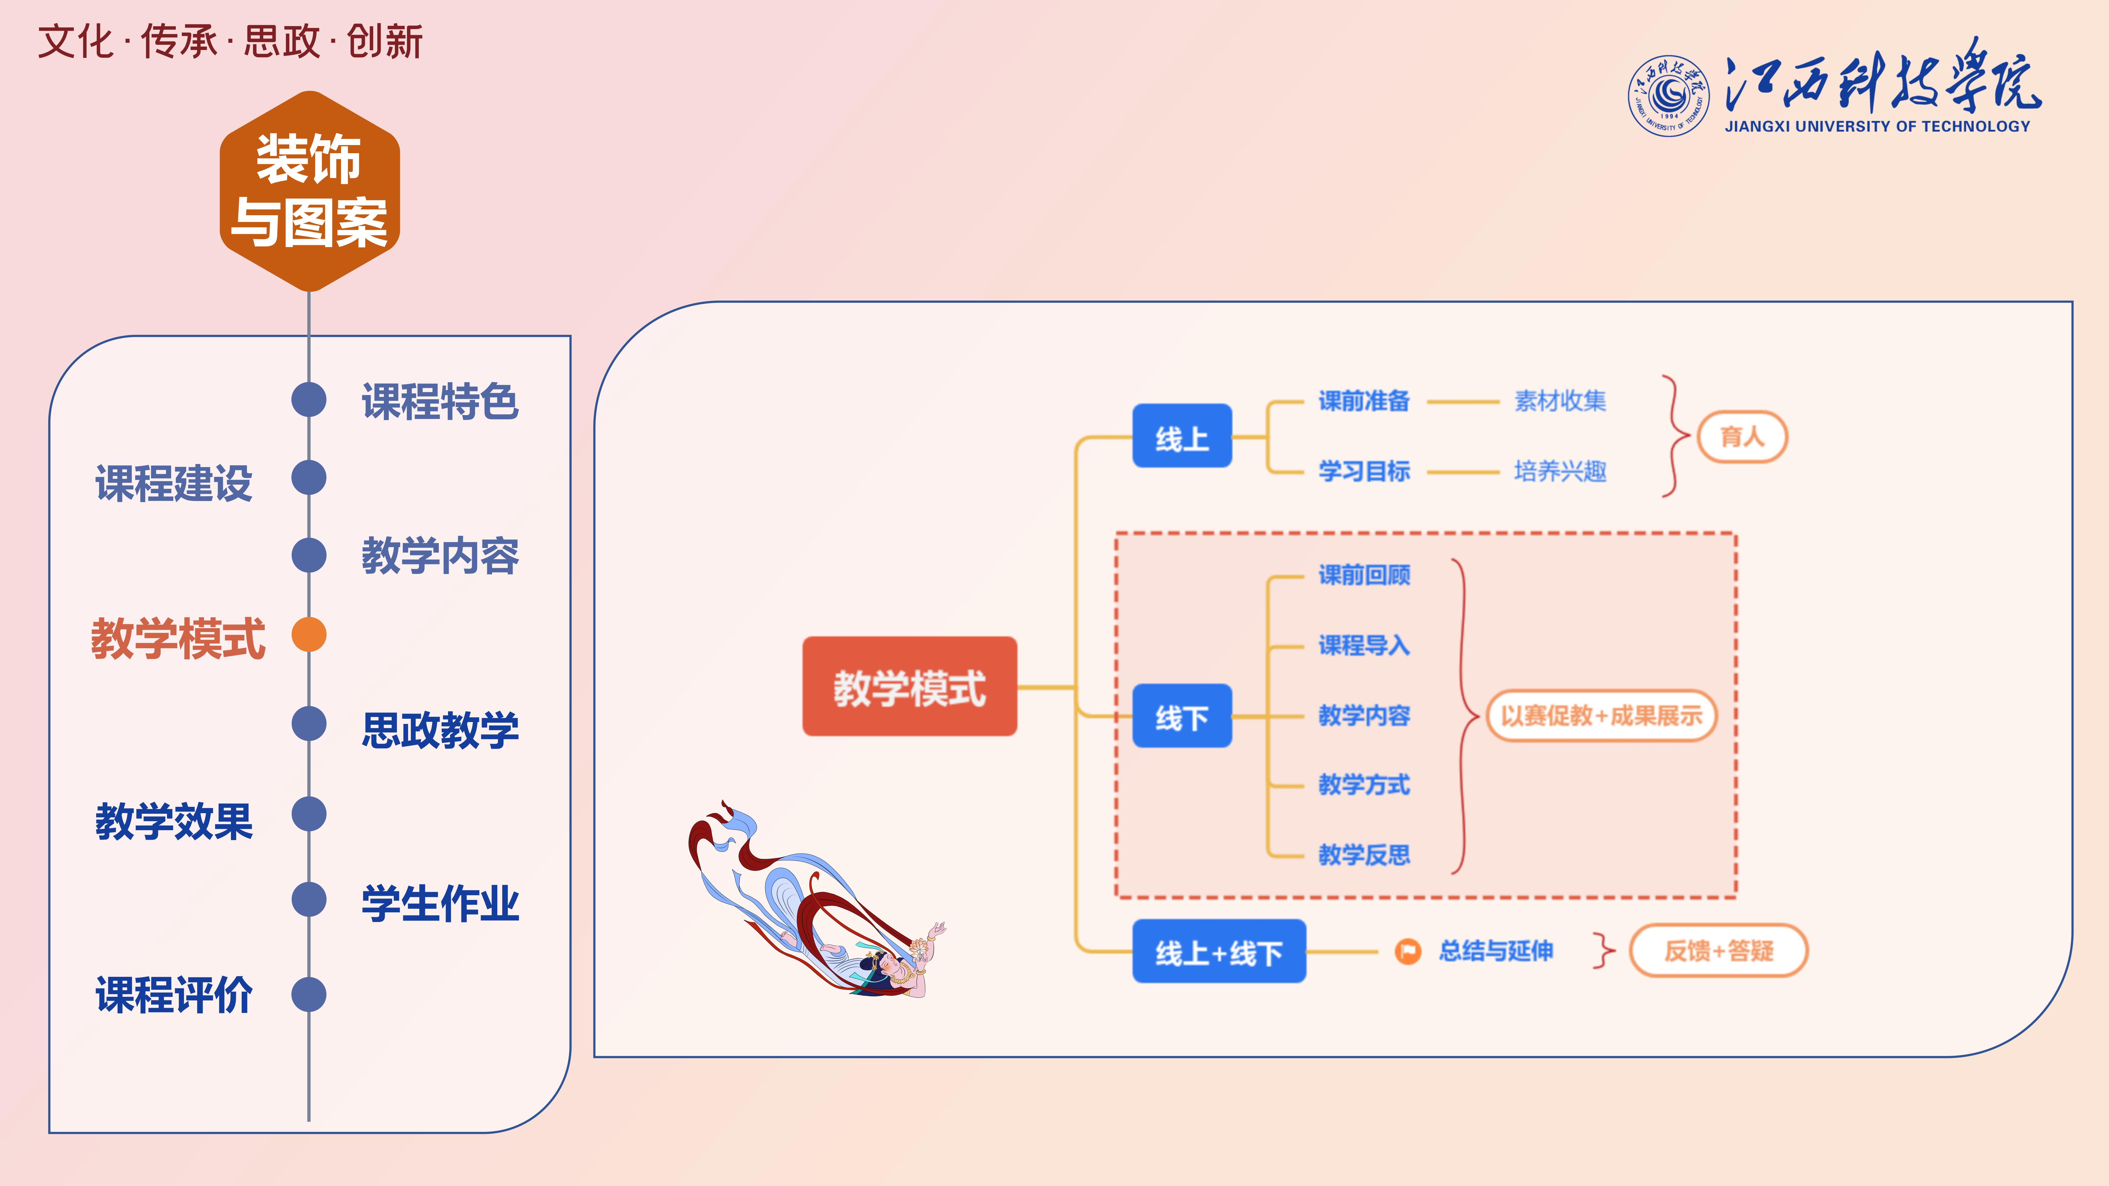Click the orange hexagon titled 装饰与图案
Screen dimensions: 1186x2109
pyautogui.click(x=309, y=191)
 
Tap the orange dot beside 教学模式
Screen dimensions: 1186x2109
pyautogui.click(x=309, y=634)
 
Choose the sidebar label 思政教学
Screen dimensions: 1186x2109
pyautogui.click(x=440, y=729)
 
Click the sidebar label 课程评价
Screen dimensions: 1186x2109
pyautogui.click(x=174, y=995)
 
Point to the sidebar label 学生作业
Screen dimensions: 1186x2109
pyautogui.click(x=440, y=904)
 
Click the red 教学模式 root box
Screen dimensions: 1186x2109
pyautogui.click(x=910, y=687)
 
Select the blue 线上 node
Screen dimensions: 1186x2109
pyautogui.click(x=1181, y=436)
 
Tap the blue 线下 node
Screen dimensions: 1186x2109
pyautogui.click(x=1181, y=716)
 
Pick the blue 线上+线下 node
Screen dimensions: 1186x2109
pyautogui.click(x=1218, y=951)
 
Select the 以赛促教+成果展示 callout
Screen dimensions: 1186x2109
pyautogui.click(x=1602, y=715)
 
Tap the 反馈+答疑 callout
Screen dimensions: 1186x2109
pyautogui.click(x=1719, y=950)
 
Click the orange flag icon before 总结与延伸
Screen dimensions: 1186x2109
pyautogui.click(x=1407, y=951)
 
